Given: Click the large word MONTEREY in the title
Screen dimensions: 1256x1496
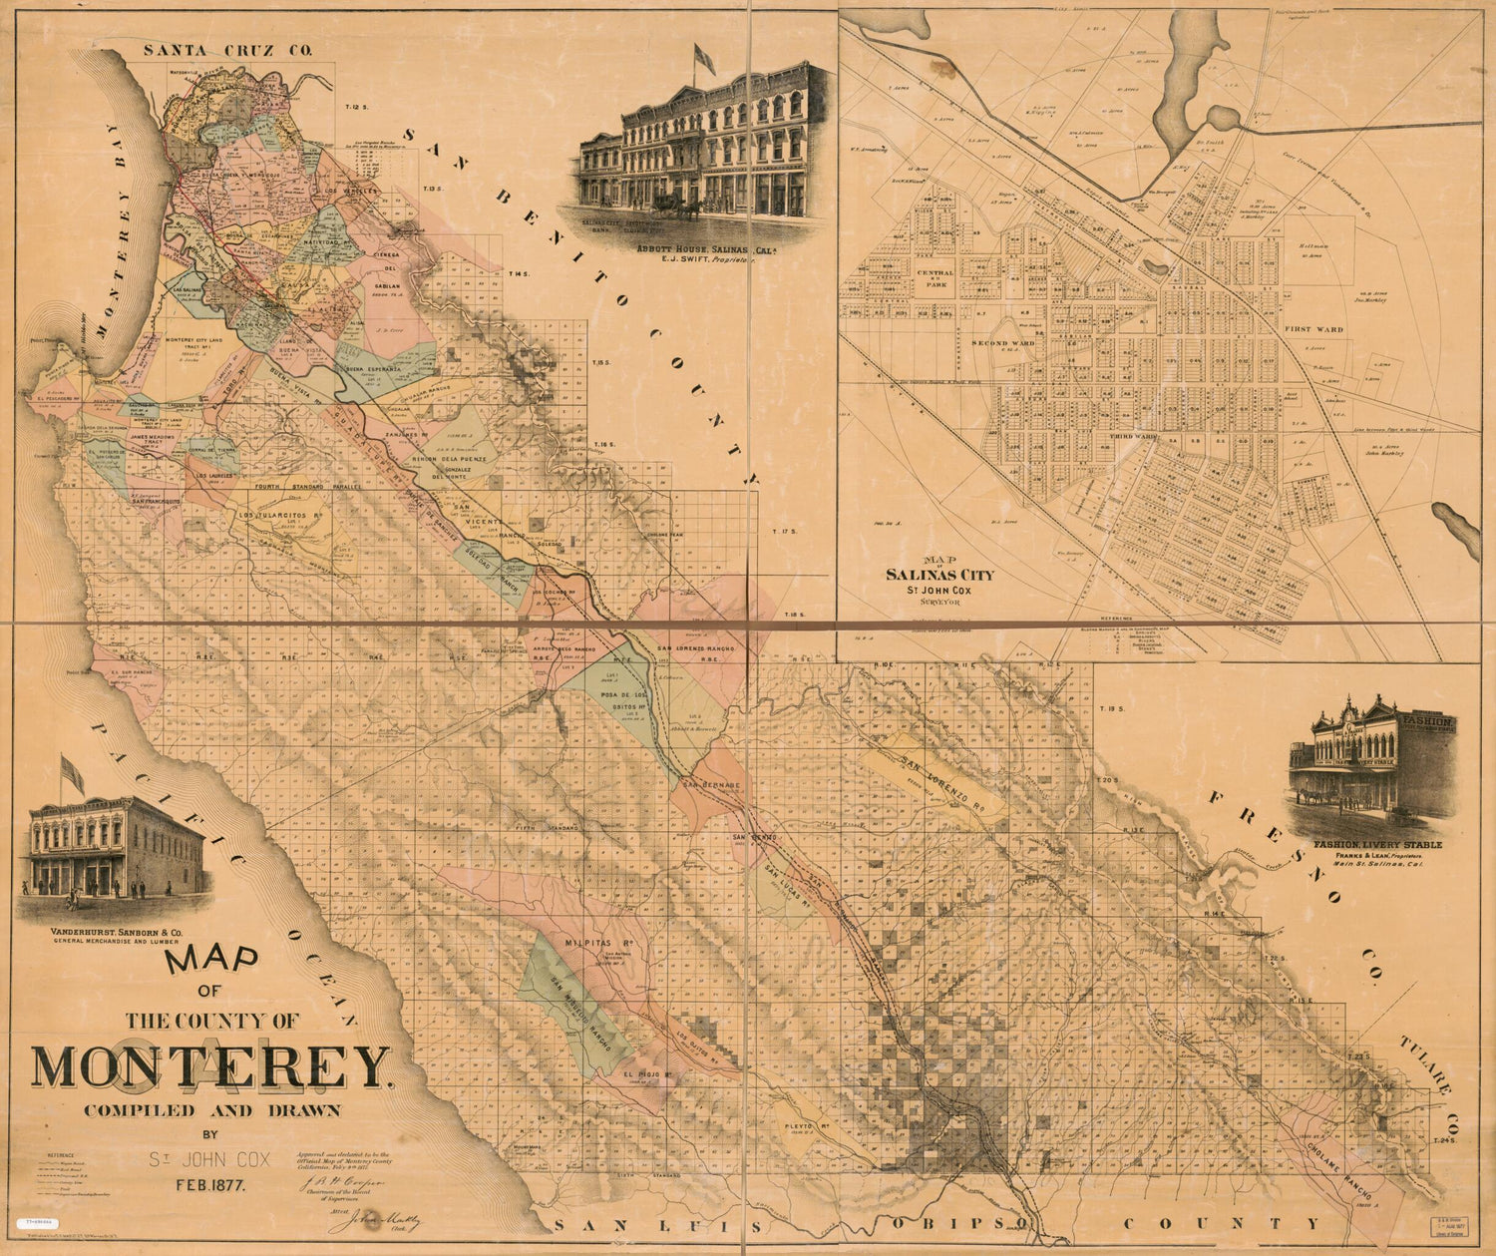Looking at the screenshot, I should pos(209,1066).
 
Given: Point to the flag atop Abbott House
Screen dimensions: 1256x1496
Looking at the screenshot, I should pos(704,59).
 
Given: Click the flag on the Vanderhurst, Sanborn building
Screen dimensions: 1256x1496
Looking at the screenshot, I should pos(73,773).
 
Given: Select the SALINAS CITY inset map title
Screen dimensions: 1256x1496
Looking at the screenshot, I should pos(939,575).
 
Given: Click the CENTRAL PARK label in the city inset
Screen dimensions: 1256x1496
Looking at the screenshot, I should pos(935,276).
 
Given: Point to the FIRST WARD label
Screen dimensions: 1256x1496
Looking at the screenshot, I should pos(1312,328).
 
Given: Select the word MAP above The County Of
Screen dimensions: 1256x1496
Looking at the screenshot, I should pos(211,961).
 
